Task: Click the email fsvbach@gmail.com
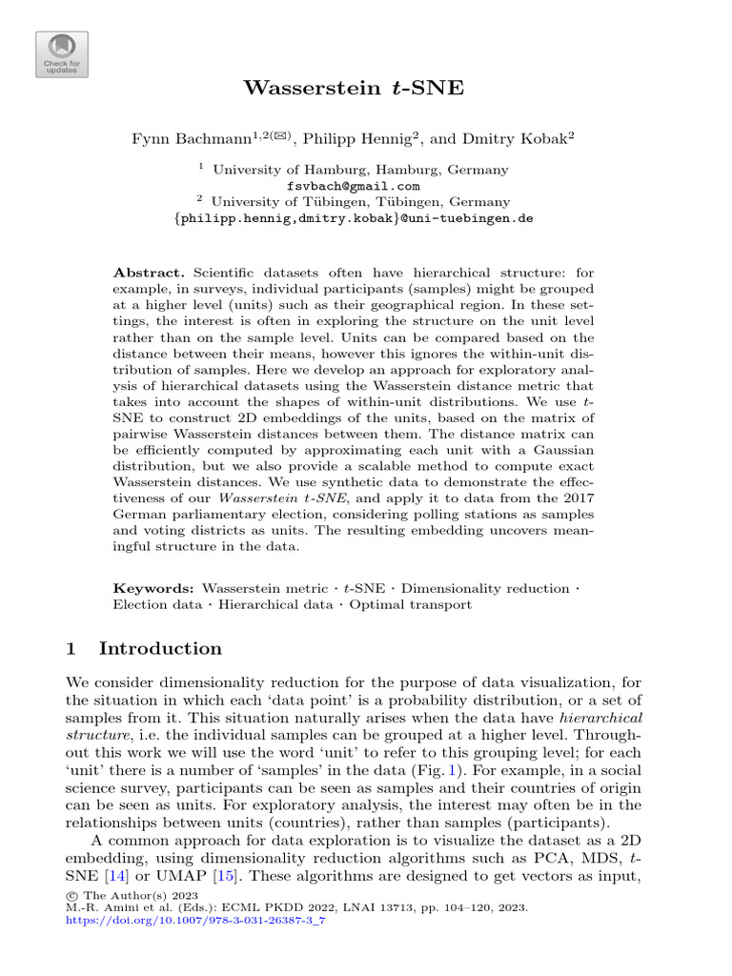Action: tap(353, 186)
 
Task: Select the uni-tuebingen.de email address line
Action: tap(353, 217)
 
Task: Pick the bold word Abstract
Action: tap(143, 273)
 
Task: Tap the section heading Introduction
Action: tap(160, 649)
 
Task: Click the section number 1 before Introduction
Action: tap(71, 649)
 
